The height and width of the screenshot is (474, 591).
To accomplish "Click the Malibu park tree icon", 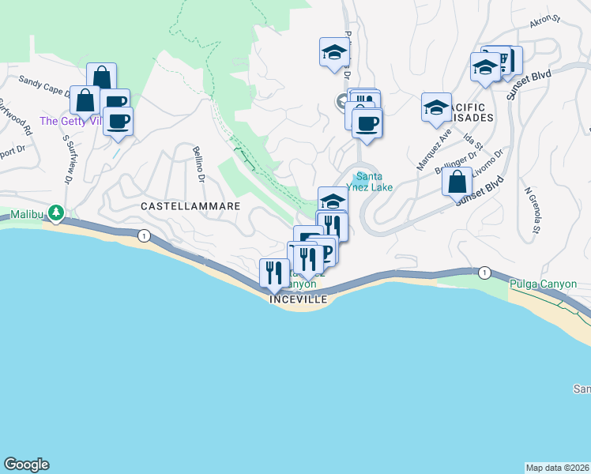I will point(55,213).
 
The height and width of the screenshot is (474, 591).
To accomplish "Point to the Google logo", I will point(26,465).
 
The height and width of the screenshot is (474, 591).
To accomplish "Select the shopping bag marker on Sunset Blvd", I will point(457,182).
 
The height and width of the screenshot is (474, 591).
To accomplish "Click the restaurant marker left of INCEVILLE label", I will point(275,273).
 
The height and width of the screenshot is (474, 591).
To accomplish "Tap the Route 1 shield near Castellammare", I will point(143,235).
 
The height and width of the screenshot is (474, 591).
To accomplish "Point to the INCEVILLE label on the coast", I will point(299,299).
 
